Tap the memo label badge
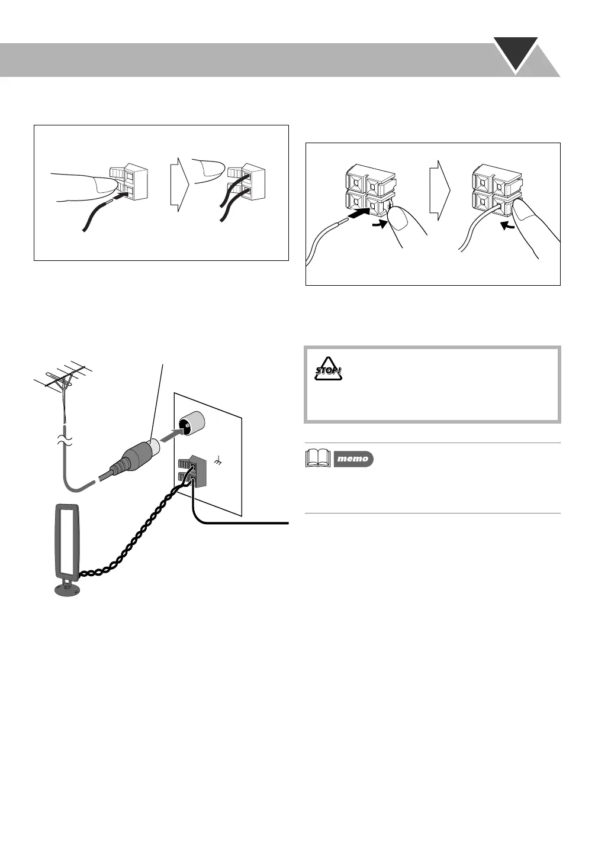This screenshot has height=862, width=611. coord(353,459)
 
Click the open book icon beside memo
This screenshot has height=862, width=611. coord(318,459)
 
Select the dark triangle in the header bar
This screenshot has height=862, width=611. coord(516,54)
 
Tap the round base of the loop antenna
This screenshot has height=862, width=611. coord(68,589)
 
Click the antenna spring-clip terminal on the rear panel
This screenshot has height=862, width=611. coord(191,471)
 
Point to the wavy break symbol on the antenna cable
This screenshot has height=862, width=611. coord(65,441)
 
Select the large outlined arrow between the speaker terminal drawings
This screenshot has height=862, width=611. coord(440,191)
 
